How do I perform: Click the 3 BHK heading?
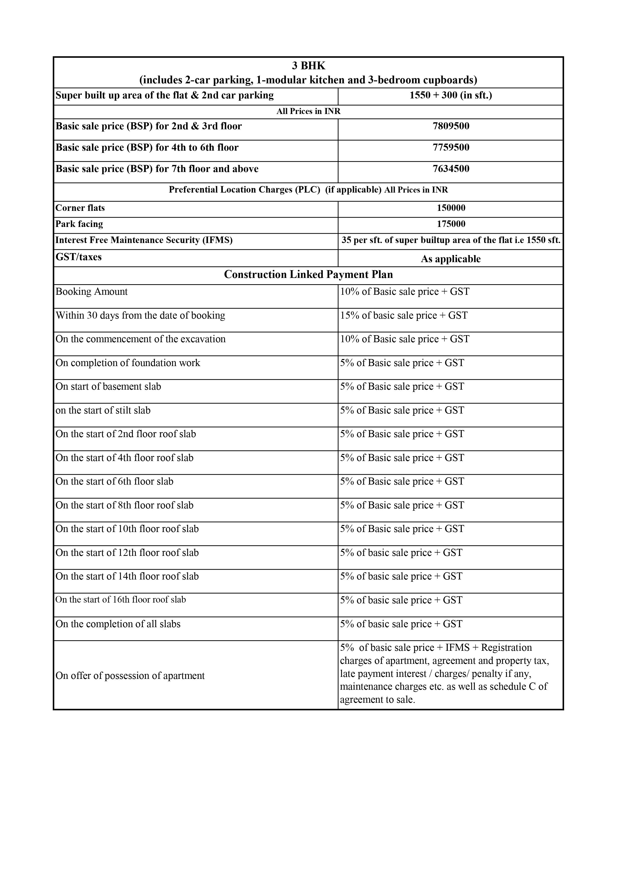tap(308, 66)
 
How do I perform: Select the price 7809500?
tap(451, 126)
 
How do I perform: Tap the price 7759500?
tap(451, 148)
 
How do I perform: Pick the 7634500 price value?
tap(451, 169)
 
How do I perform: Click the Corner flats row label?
tap(80, 208)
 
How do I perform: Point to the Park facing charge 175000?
tap(451, 224)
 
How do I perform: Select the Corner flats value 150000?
tap(451, 208)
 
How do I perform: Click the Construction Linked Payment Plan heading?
tap(308, 275)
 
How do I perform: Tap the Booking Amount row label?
tap(91, 292)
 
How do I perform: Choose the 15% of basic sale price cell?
tap(404, 315)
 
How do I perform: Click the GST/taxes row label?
tap(78, 257)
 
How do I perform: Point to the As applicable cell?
tap(451, 259)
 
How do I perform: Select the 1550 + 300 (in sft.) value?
tap(451, 95)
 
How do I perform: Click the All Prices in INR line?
tap(308, 111)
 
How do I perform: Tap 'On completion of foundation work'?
tap(128, 363)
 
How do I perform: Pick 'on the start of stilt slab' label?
tap(103, 410)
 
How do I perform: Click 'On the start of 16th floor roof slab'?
tap(121, 600)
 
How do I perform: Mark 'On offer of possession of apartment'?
tap(130, 676)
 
